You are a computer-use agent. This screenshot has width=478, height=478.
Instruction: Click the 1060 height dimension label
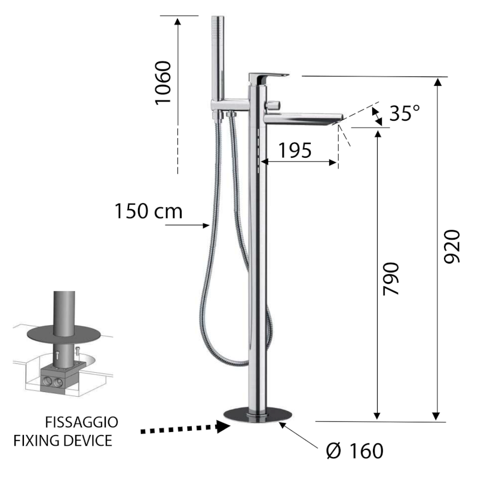coord(163,83)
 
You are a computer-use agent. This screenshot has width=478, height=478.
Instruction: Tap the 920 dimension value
coord(452,247)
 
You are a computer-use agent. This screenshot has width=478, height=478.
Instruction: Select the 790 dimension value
coord(391,279)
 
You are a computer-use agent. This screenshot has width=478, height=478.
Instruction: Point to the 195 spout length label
coord(295,151)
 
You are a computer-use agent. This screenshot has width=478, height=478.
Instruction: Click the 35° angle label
coord(405,113)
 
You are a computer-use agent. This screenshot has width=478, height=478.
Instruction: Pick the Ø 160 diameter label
coord(354,451)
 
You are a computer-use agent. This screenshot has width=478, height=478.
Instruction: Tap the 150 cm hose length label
coord(148,211)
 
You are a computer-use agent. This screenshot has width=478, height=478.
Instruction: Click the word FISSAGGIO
coord(81,422)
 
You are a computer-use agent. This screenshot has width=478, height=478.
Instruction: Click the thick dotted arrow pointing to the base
coord(185,428)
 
